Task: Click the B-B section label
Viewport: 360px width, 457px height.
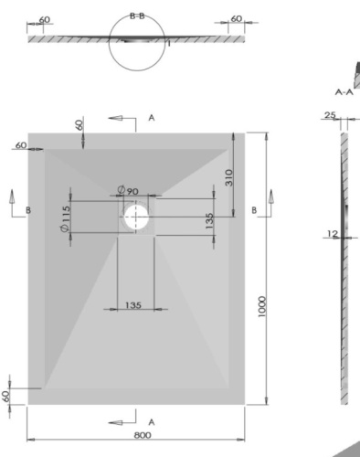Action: pos(138,16)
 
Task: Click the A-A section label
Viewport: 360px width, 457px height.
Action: pos(344,92)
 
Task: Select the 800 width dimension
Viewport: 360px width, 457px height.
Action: pos(143,435)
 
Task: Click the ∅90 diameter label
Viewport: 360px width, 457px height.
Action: pos(127,189)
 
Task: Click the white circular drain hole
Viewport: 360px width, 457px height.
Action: pos(137,217)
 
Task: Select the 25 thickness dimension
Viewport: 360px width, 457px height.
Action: pos(330,116)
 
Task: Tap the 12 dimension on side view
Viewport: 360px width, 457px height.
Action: pos(332,234)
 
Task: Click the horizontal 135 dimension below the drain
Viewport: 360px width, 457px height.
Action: pos(132,305)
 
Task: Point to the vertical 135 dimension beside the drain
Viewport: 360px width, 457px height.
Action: pos(210,221)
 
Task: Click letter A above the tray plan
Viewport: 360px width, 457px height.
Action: pos(152,119)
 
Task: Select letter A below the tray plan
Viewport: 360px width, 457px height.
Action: pos(152,420)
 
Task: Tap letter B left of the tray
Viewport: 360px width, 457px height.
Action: pos(28,209)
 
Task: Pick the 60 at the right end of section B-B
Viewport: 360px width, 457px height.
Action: pos(237,19)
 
